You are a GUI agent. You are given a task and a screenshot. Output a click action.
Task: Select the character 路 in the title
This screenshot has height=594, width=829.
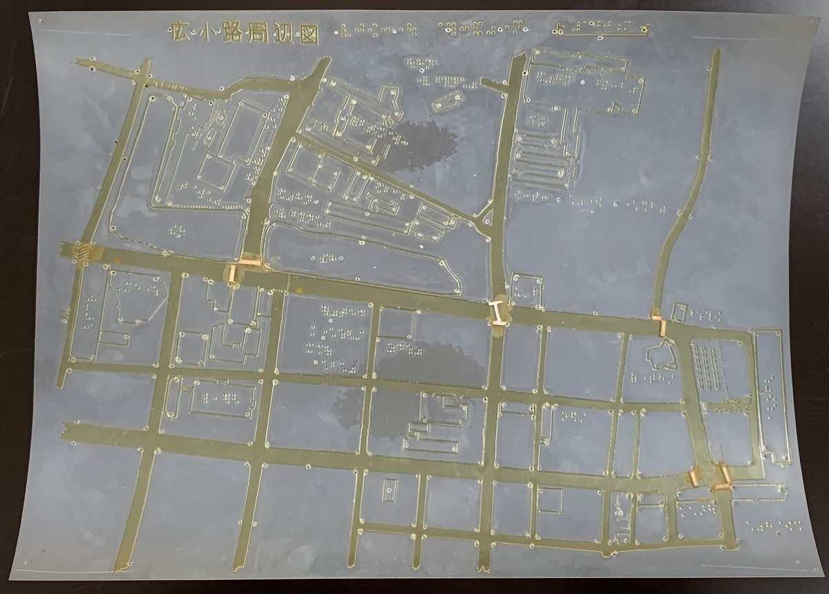(x=233, y=33)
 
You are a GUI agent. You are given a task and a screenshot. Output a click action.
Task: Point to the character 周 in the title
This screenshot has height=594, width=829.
(x=261, y=33)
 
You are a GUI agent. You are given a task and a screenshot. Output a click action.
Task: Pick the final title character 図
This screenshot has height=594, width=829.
(x=310, y=35)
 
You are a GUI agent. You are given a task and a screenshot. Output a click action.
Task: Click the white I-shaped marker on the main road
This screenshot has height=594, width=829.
(x=497, y=312)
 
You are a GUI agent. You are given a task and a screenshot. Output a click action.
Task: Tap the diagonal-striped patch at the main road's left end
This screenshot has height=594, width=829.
(x=82, y=253)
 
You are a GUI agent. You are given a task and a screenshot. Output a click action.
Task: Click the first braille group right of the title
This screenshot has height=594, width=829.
(x=377, y=30)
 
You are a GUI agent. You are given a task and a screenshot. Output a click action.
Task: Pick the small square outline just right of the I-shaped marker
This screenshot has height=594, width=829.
(x=526, y=289)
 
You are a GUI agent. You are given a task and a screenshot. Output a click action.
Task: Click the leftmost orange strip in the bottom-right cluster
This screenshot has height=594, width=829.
(x=696, y=476)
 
